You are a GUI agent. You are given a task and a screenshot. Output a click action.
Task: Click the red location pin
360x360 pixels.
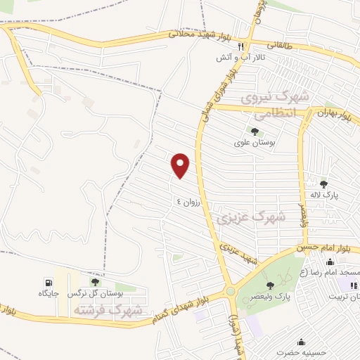[x=181, y=165]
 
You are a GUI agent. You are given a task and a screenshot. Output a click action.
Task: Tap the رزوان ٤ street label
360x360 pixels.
[x=188, y=200]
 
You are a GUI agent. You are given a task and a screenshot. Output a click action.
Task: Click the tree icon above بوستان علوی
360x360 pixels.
[x=254, y=131]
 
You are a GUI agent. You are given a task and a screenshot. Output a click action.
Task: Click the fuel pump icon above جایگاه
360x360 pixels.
[x=48, y=283]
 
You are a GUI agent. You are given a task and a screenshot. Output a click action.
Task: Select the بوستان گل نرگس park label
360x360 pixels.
[x=96, y=293]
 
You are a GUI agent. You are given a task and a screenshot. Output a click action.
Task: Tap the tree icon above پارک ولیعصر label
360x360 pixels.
[x=269, y=285]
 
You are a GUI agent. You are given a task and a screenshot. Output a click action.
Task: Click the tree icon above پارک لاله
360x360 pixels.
[x=323, y=184]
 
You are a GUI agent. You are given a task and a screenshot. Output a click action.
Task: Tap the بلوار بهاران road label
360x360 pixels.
[x=333, y=115]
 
